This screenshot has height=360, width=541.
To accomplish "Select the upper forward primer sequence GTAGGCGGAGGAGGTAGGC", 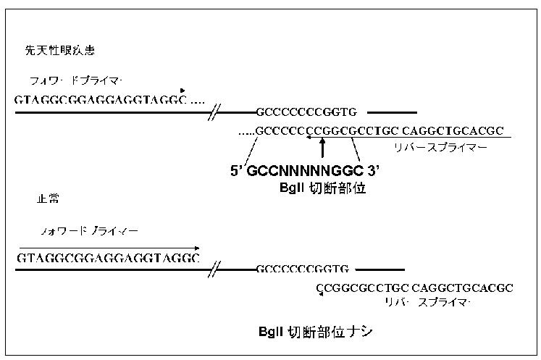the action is click(x=102, y=99).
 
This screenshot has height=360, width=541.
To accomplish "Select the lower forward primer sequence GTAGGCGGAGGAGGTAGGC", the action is click(x=108, y=258).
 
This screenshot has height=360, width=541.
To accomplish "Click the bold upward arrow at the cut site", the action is click(x=322, y=146).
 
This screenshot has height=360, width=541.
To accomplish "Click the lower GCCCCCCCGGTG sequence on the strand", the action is click(x=302, y=269).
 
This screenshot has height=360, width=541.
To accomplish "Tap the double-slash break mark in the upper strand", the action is click(x=215, y=112).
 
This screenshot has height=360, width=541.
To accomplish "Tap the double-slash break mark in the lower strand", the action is click(x=215, y=270).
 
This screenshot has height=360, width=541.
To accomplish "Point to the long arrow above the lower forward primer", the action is click(x=109, y=248).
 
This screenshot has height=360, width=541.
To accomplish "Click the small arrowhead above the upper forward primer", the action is click(x=183, y=90).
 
